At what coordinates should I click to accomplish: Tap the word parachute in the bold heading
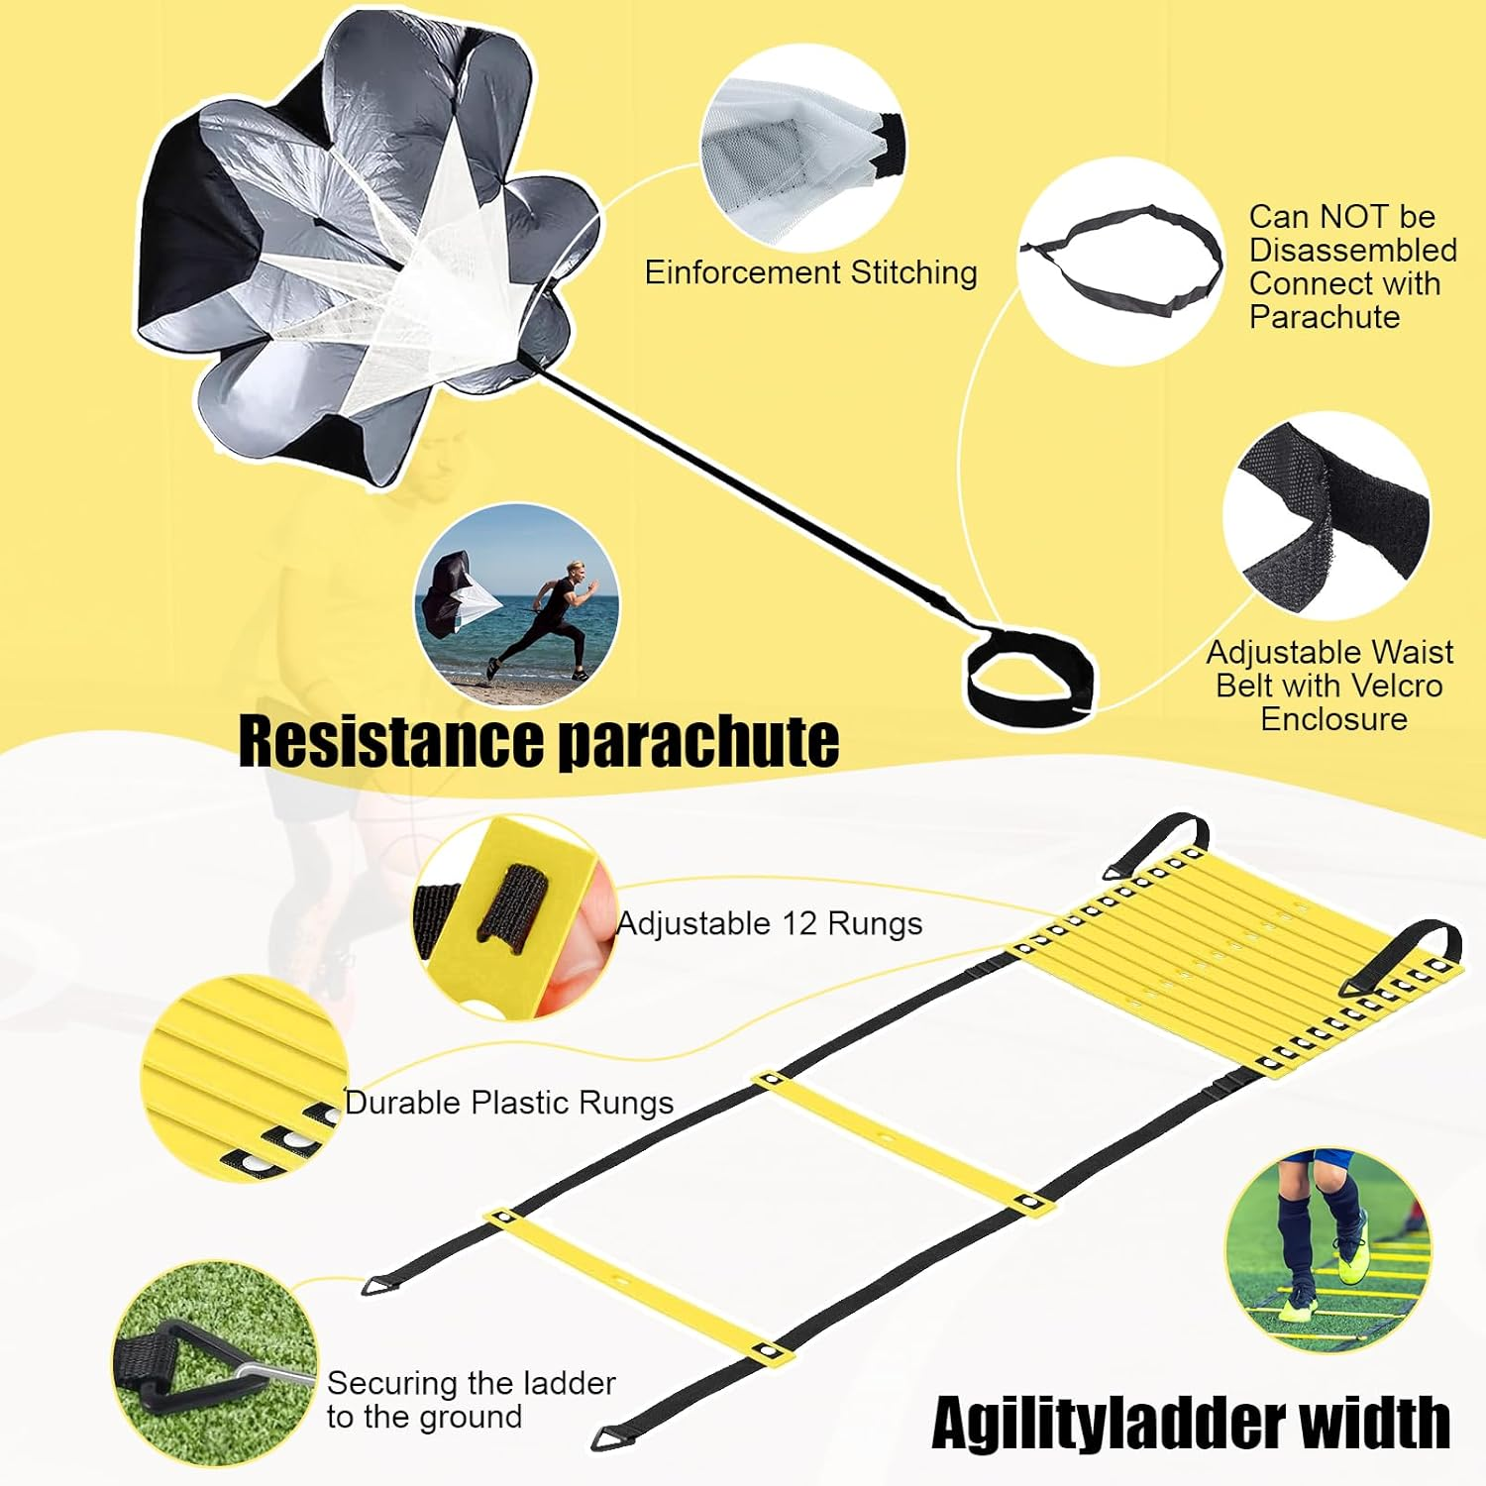click(699, 743)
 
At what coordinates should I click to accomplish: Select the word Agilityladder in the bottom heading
click(1109, 1424)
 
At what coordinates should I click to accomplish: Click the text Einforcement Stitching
click(811, 272)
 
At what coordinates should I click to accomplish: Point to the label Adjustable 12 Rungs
click(770, 923)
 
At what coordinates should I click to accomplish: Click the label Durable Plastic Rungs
click(509, 1103)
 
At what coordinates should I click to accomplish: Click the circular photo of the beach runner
click(517, 604)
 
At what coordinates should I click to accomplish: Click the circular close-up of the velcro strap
click(1327, 517)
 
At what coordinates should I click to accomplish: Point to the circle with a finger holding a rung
click(515, 918)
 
